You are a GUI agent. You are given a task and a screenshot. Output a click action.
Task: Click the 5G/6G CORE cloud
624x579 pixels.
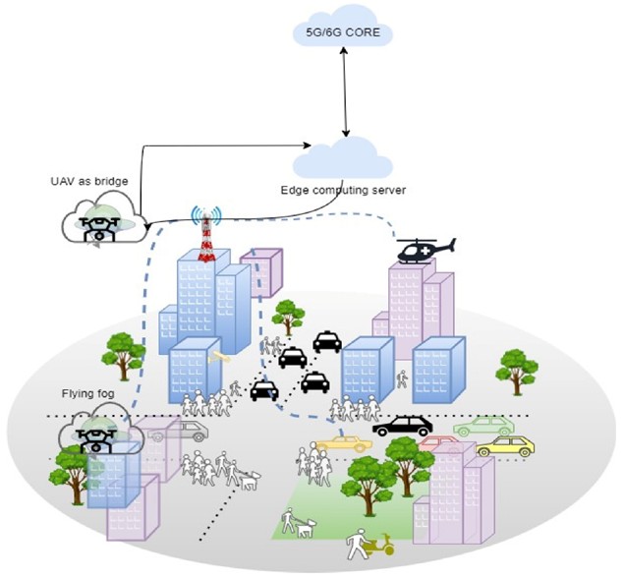coord(344,32)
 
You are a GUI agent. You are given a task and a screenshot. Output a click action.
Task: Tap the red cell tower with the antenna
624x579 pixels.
coord(205,236)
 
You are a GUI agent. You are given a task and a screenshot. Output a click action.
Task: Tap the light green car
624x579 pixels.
coord(483,426)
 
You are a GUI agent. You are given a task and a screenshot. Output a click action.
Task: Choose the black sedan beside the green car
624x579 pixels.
coord(403,426)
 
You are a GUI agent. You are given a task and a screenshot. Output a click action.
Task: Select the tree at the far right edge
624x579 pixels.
coord(517,369)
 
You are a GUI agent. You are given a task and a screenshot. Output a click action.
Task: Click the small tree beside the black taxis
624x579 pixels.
coord(288,316)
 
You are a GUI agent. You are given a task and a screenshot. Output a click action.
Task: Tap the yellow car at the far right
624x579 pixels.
coord(504,446)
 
